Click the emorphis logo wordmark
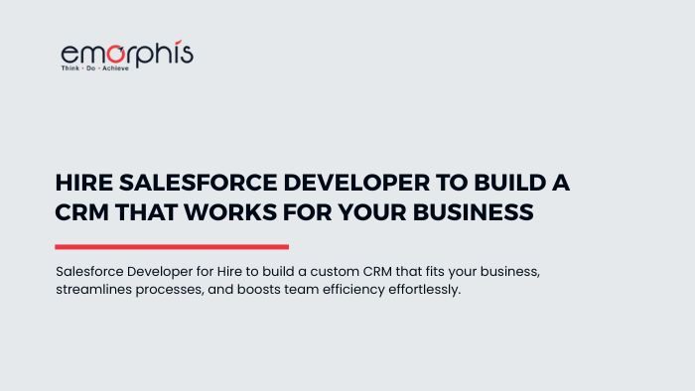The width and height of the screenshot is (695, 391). [x=126, y=55]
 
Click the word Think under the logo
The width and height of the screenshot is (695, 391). [x=72, y=72]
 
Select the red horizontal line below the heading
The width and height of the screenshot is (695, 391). [x=172, y=247]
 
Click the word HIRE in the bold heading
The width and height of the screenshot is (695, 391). [x=82, y=184]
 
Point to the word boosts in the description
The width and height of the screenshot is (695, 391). [x=281, y=291]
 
